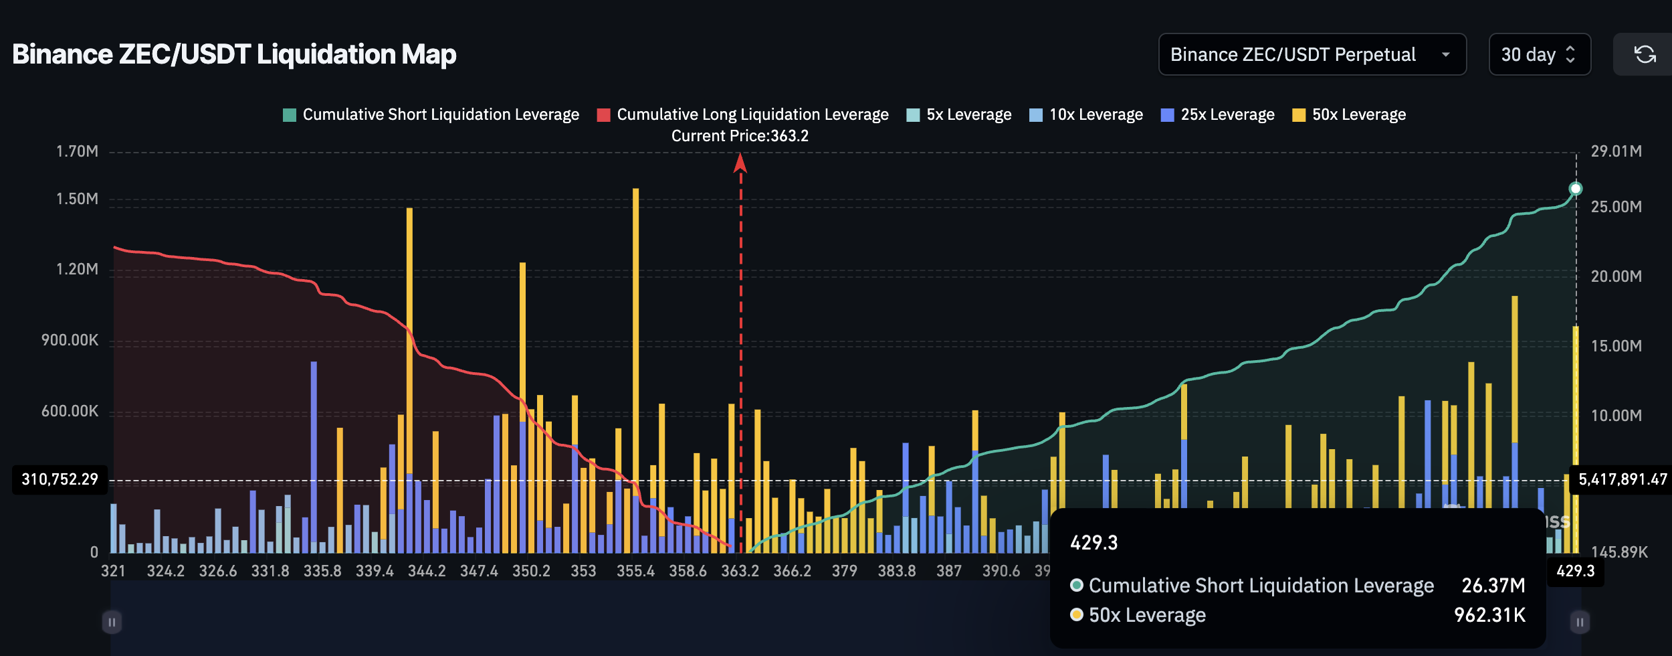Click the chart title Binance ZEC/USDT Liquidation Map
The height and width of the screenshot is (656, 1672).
234,54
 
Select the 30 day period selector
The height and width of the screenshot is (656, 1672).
1539,54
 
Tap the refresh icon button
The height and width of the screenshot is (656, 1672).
1645,54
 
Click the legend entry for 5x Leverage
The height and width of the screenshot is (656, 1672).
958,114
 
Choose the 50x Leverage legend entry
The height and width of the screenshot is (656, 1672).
1349,114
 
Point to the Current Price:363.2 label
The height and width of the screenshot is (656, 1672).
740,136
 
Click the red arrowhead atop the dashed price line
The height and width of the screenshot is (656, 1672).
740,163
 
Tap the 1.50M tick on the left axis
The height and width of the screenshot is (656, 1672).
77,199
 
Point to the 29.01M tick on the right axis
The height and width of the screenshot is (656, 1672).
1616,151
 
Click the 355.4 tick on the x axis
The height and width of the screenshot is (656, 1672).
635,571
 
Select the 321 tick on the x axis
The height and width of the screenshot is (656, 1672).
113,571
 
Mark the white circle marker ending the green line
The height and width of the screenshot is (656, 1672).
1576,189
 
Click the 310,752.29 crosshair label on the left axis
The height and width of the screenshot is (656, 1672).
60,479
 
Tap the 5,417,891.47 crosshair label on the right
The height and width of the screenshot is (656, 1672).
1622,479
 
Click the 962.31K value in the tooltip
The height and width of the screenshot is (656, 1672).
1489,615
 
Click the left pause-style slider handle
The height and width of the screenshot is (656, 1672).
112,622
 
